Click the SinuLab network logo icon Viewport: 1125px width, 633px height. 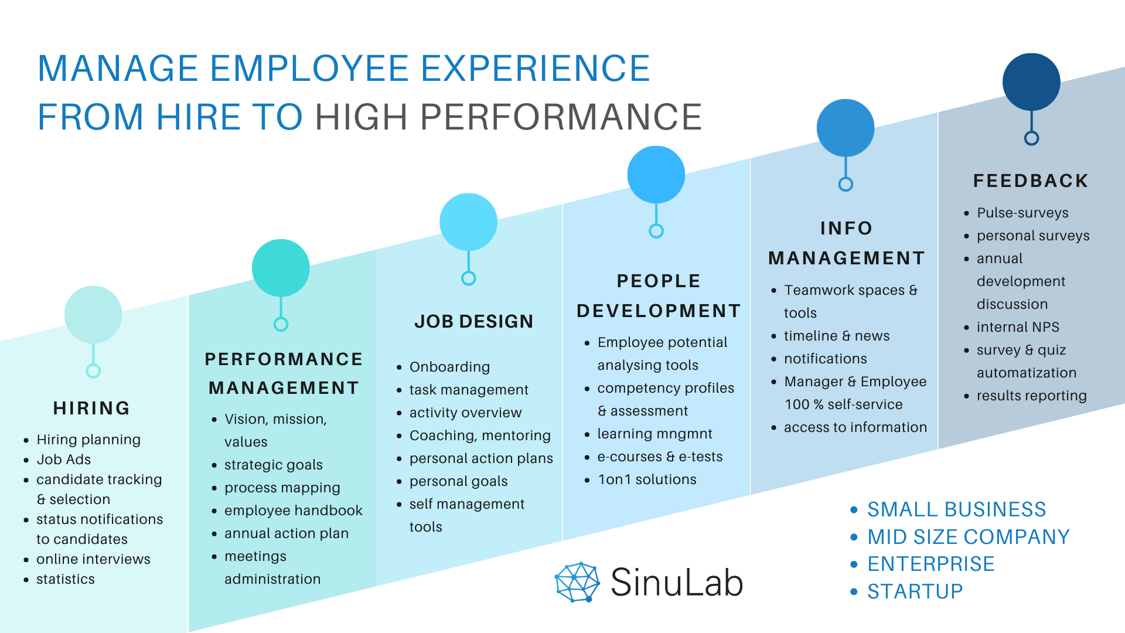tap(577, 582)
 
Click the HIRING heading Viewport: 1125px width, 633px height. tap(91, 408)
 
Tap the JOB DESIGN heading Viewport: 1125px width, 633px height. tap(473, 321)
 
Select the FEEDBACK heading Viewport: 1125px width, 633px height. tap(1031, 181)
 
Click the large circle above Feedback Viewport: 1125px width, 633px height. tap(1031, 82)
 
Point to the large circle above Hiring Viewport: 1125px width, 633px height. tap(93, 315)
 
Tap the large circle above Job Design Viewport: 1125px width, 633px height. tap(468, 222)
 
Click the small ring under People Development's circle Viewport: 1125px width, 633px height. tap(656, 231)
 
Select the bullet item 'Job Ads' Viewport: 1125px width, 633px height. tap(63, 460)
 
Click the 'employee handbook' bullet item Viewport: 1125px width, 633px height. tap(293, 511)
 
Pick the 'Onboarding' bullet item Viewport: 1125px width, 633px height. tap(449, 367)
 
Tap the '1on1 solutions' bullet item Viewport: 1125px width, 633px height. tap(647, 479)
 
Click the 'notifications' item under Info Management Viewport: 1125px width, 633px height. tap(825, 359)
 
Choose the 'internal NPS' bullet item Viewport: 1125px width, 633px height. tap(1018, 327)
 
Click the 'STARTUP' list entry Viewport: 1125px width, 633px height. tap(915, 591)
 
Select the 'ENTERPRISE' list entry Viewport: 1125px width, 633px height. tap(930, 564)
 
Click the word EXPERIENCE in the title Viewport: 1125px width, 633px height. tap(535, 68)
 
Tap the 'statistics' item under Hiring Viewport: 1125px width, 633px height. tap(65, 579)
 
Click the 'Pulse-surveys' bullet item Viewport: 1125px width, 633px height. tap(1022, 213)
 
